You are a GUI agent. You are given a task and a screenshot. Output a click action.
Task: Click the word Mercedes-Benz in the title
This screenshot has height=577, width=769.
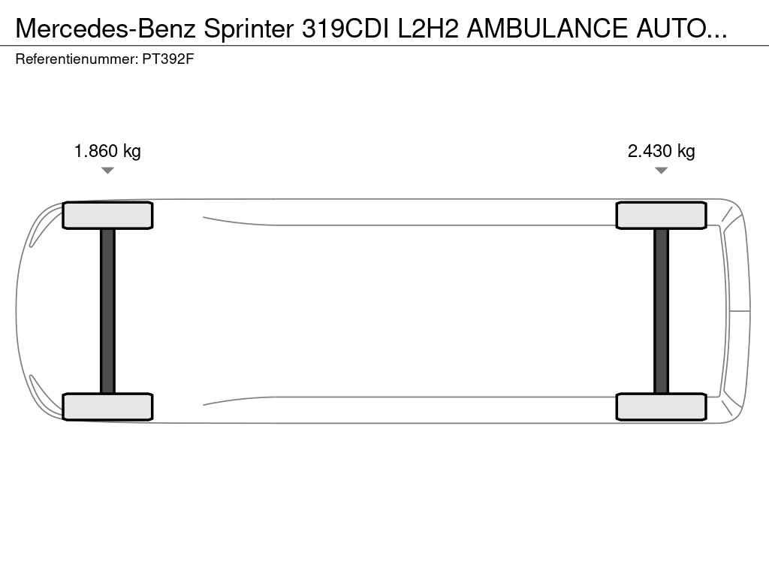coord(105,28)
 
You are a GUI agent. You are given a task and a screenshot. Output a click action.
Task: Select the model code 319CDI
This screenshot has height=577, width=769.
coord(345,28)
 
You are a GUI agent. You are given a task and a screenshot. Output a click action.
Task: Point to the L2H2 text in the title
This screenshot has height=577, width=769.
coord(428,28)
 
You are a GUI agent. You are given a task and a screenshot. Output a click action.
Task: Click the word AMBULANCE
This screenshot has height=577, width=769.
coord(547,28)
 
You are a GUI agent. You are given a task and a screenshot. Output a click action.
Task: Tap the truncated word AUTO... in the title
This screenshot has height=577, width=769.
coord(681,28)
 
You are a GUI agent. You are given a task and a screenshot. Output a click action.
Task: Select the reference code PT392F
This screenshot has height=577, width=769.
coord(168,59)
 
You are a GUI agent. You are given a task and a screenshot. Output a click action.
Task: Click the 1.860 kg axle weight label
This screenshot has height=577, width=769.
coord(107,151)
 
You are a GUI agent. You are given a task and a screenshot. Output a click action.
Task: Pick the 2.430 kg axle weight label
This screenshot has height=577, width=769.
coord(661,151)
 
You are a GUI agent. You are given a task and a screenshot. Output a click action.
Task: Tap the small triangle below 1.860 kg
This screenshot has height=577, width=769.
coord(107,171)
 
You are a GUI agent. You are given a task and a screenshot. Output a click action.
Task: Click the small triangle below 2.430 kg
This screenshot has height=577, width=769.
coord(661,171)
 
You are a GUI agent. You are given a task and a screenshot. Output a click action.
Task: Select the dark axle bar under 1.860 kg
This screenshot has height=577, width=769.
coord(107,311)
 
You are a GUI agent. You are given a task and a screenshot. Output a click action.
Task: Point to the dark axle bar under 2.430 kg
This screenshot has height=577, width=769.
coord(661,311)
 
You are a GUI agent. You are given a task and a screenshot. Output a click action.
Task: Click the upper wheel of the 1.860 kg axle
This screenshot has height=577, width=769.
coord(107,216)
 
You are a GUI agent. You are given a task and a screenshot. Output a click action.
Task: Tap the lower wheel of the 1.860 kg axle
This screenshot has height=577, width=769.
coord(107,406)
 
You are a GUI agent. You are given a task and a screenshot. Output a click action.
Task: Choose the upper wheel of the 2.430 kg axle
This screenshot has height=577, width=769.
coord(661,216)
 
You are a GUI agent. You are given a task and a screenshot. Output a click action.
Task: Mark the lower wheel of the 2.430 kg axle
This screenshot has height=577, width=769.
coord(661,406)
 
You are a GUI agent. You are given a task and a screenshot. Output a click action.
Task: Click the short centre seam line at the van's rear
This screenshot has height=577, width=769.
coord(740,310)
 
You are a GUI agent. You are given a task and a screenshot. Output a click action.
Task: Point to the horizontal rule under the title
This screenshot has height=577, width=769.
coord(384,46)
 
